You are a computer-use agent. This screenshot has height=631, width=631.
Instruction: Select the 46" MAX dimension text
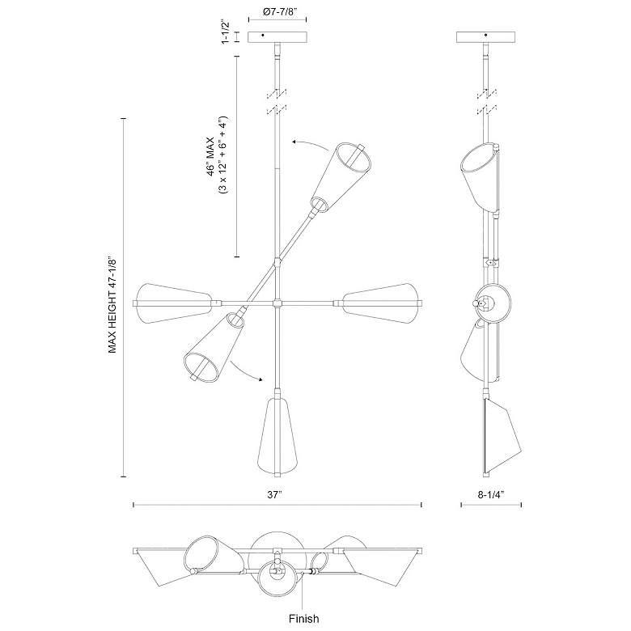[209, 155]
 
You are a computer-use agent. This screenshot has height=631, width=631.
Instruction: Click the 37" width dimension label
[277, 493]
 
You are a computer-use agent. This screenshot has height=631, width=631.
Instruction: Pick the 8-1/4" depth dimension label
[491, 493]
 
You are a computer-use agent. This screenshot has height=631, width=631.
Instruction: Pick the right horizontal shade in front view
[380, 302]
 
